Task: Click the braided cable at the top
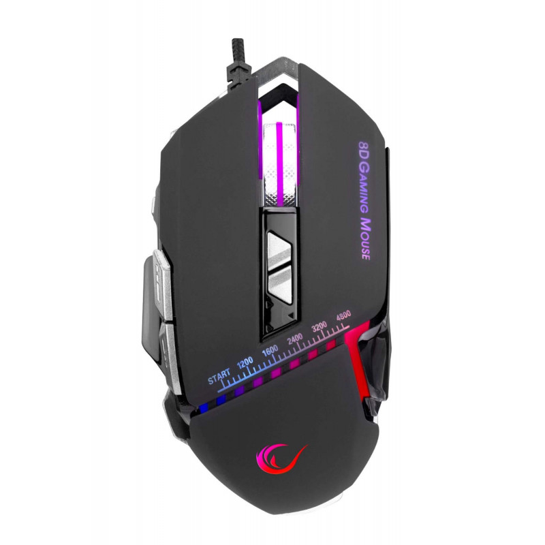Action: coord(240,66)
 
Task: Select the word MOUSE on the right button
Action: coord(364,239)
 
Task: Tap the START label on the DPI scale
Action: coord(219,376)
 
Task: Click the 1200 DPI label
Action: coord(245,362)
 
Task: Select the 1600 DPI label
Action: coord(270,350)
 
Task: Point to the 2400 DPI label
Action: coord(295,338)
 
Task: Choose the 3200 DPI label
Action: coord(319,327)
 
